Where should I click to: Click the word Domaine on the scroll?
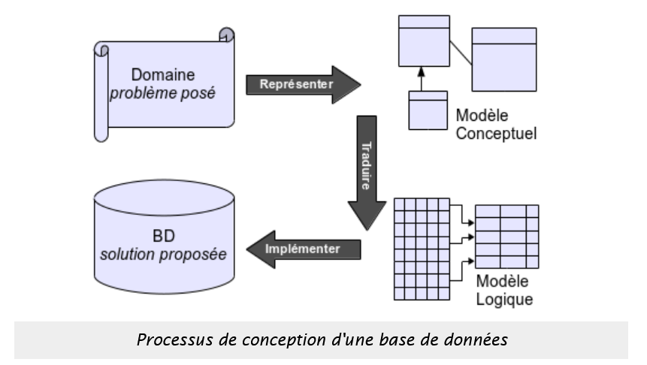162,75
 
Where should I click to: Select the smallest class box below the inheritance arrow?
428,110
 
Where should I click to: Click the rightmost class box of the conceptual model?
504,59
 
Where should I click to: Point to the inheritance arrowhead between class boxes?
422,72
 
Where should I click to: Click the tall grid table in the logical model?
422,249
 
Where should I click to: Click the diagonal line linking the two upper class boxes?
460,54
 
